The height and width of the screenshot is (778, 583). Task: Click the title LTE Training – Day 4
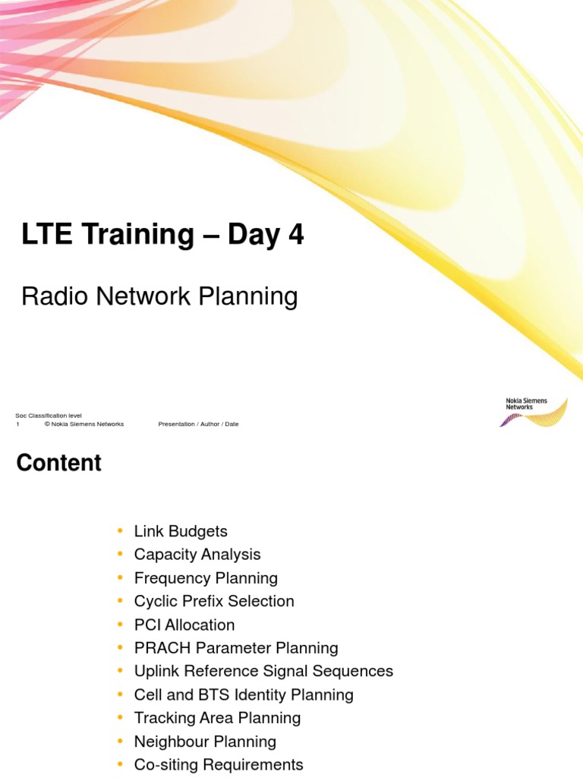[x=162, y=236]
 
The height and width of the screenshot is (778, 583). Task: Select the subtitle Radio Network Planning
[x=159, y=296]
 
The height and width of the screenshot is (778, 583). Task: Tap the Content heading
[x=58, y=463]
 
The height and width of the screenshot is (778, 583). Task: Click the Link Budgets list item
[x=181, y=531]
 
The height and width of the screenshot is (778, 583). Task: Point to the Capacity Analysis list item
[x=197, y=555]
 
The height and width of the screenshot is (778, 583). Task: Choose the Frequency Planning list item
[x=206, y=578]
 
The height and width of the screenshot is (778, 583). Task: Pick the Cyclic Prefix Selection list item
[x=214, y=601]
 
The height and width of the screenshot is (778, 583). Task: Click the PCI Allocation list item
[x=184, y=625]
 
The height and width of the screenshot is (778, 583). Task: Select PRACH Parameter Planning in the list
[x=236, y=648]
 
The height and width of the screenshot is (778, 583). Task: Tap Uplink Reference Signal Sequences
[x=263, y=672]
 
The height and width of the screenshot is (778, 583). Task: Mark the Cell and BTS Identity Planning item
[x=244, y=694]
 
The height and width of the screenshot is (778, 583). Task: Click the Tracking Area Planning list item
[x=217, y=718]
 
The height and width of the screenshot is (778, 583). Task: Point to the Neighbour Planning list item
[x=205, y=742]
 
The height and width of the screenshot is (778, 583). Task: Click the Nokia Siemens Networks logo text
[x=526, y=403]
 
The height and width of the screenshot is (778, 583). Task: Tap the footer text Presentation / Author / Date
[x=198, y=424]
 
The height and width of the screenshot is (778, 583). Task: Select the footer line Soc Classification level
[x=49, y=416]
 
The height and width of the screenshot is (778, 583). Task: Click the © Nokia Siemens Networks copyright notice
[x=84, y=424]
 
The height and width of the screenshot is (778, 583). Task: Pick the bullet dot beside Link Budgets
[x=118, y=531]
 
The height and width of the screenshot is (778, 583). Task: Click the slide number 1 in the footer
[x=17, y=424]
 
